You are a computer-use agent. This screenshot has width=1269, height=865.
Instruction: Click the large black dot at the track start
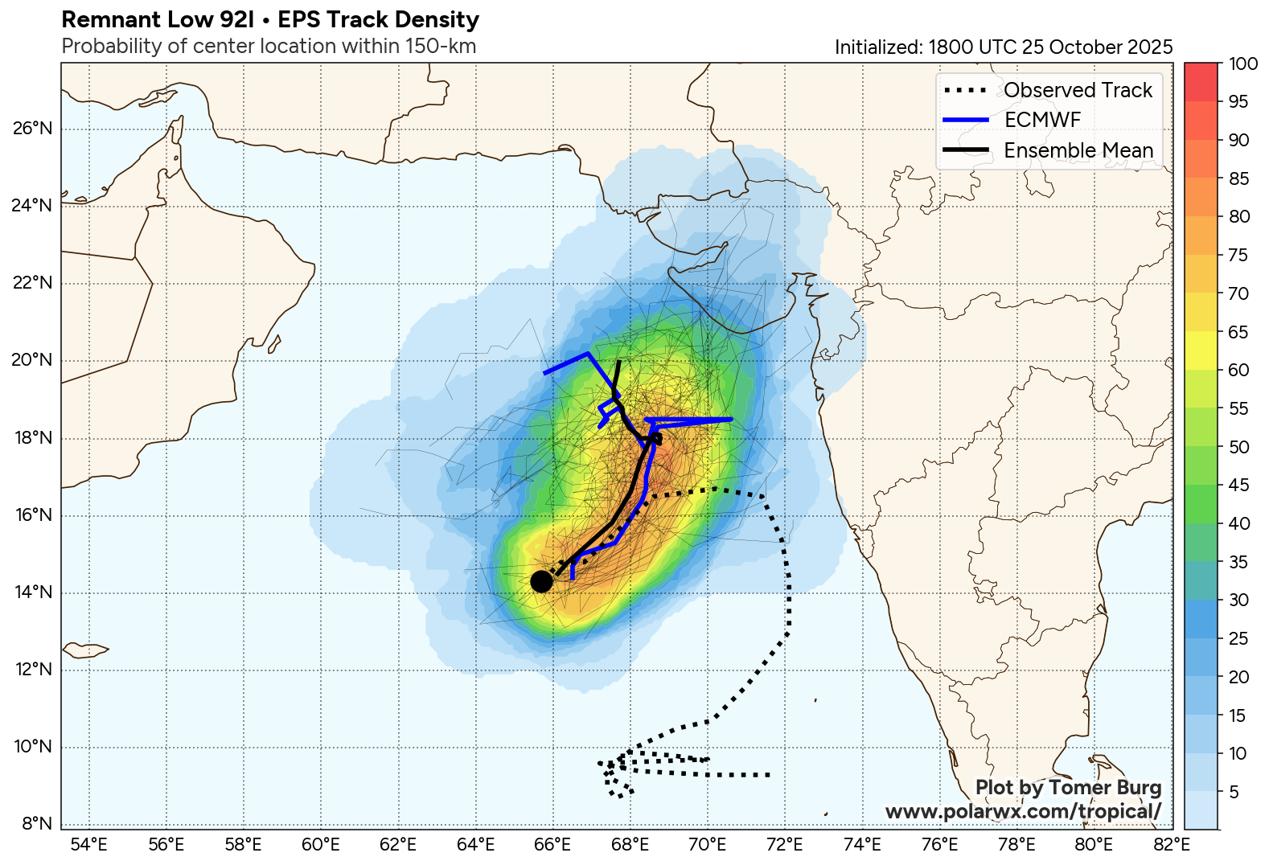click(x=541, y=581)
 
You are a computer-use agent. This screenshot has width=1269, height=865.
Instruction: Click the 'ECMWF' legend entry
click(x=1042, y=120)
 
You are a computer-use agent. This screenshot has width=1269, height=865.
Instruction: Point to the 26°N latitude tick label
click(x=33, y=129)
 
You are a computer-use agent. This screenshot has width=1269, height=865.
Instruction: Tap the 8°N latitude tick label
click(x=36, y=823)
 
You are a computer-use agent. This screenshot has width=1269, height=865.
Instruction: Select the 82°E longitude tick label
click(x=1171, y=844)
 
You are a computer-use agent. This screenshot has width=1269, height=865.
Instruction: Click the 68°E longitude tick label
click(x=630, y=844)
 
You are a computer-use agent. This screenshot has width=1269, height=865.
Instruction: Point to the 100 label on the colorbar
click(x=1243, y=64)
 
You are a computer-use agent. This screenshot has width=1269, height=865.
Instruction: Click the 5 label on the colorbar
click(x=1234, y=792)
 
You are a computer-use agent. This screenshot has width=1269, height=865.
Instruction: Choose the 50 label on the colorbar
click(x=1239, y=447)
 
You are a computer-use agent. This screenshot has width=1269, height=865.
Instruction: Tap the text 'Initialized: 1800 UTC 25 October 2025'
click(x=1004, y=47)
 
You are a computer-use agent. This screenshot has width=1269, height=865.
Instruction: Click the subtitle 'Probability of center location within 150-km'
click(x=269, y=47)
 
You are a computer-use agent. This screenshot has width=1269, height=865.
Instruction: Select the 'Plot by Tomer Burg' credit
click(x=1068, y=787)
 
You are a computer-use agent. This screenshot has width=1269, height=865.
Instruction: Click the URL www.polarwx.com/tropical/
click(x=1023, y=811)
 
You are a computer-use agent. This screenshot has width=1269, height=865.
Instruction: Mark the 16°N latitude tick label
click(x=33, y=515)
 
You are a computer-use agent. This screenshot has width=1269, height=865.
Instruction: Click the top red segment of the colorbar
click(x=1201, y=81)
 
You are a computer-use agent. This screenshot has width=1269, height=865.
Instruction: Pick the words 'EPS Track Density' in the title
click(x=378, y=19)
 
